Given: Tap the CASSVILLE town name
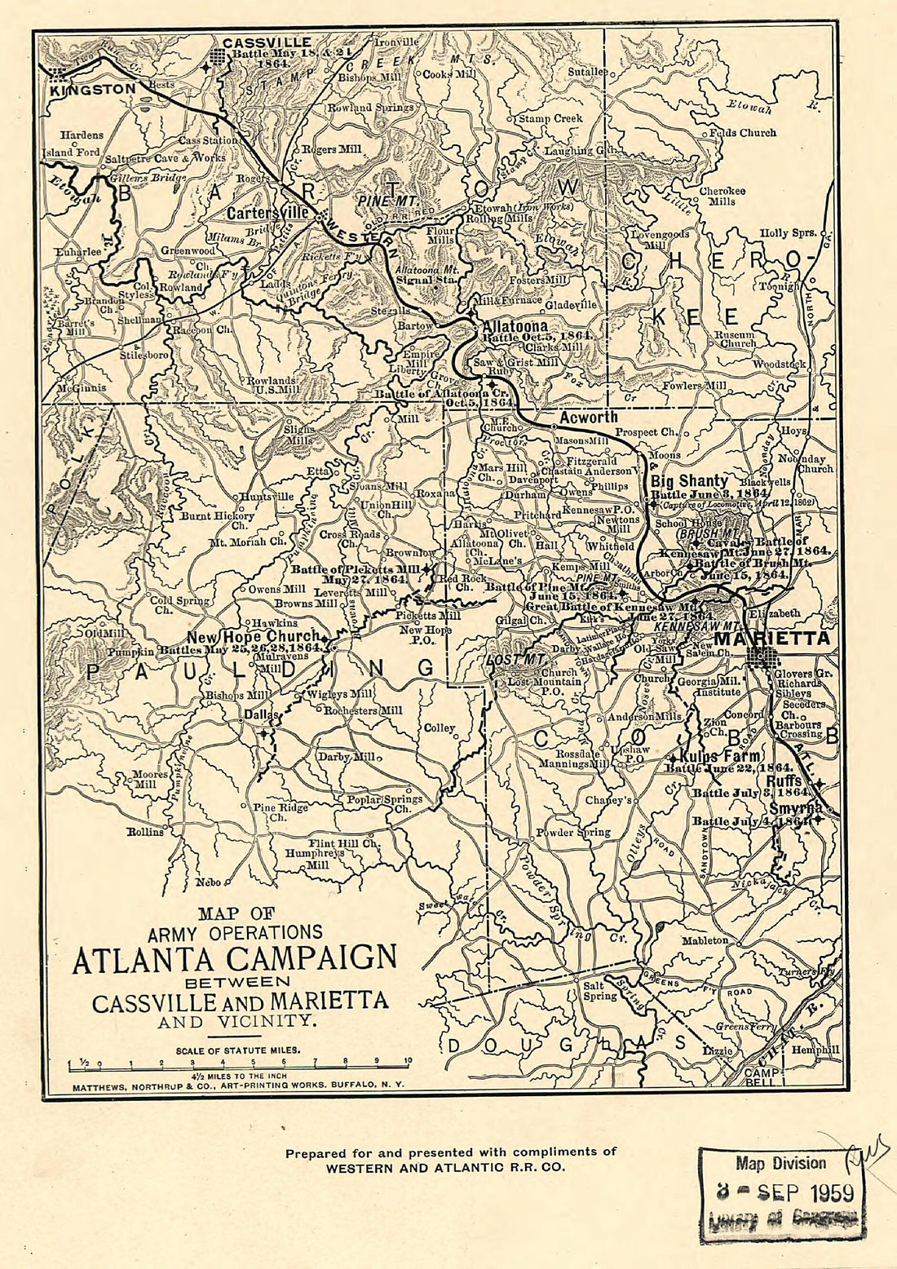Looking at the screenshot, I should (267, 42).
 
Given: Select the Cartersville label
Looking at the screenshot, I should (268, 214).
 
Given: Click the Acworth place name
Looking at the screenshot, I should (588, 418).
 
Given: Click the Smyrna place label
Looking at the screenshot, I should (796, 808).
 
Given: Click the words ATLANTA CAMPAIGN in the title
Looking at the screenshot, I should (234, 959).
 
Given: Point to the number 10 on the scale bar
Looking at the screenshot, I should (408, 1061).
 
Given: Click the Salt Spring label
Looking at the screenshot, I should (599, 991).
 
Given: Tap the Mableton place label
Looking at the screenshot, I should (705, 940).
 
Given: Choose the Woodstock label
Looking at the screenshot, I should (779, 364).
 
